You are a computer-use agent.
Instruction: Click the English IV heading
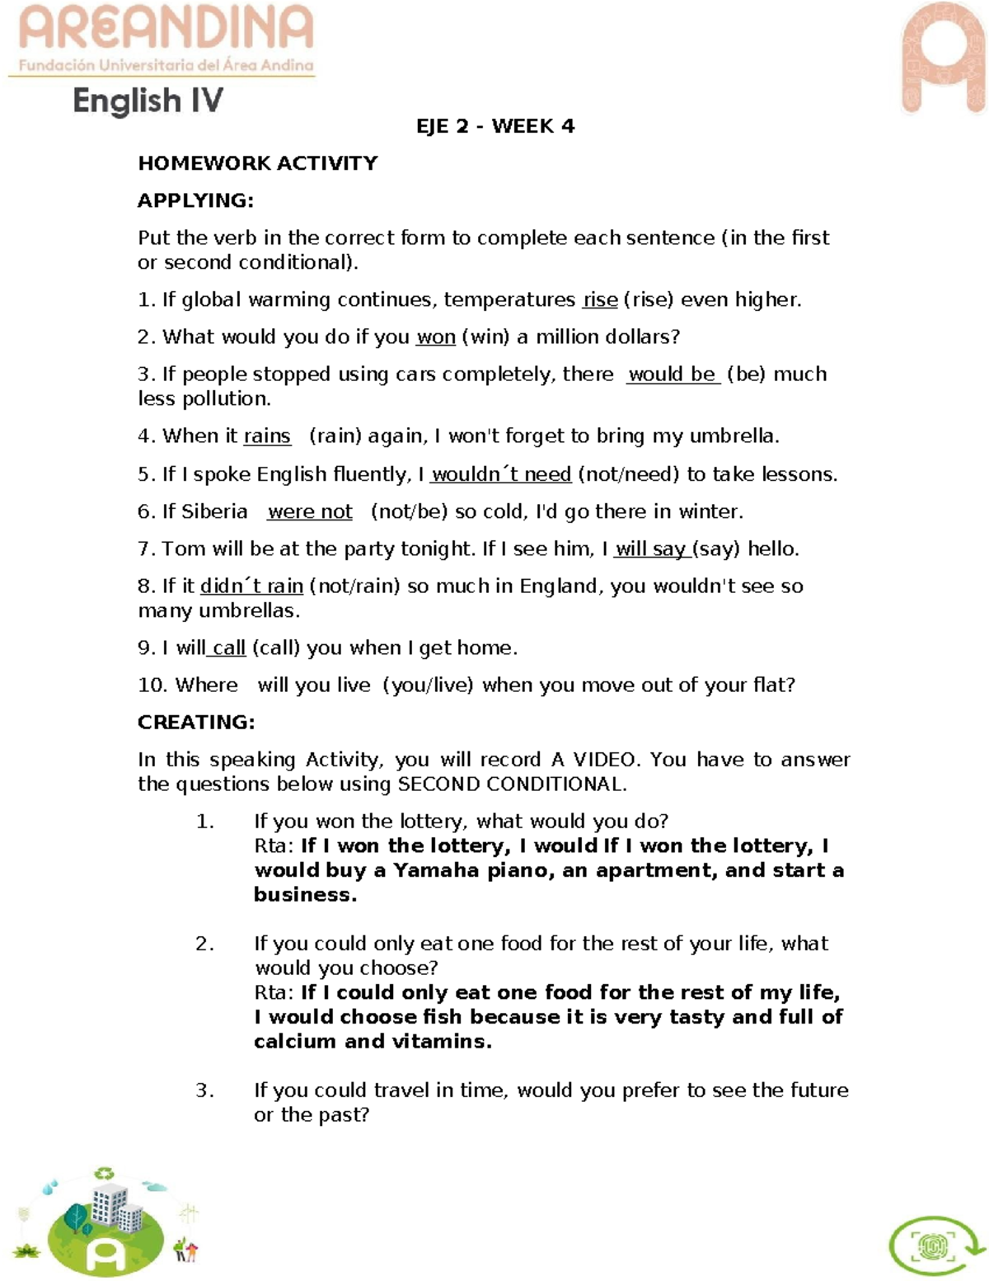click(148, 101)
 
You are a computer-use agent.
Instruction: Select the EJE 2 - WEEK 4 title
click(495, 126)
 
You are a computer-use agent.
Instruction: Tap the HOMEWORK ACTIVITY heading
click(258, 163)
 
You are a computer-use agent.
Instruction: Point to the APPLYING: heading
click(196, 200)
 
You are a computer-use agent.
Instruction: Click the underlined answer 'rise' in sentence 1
click(600, 300)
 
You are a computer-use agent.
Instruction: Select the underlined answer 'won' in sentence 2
click(436, 337)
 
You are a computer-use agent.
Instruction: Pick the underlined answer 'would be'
click(673, 374)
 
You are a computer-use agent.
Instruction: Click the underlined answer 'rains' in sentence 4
click(267, 436)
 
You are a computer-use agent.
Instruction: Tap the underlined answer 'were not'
click(310, 512)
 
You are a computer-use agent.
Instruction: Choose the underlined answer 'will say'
click(651, 549)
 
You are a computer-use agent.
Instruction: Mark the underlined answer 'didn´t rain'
click(252, 586)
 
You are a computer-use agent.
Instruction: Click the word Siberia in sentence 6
click(214, 512)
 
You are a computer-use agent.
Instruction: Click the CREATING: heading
click(196, 723)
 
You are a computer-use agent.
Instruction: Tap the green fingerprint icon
click(933, 1246)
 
